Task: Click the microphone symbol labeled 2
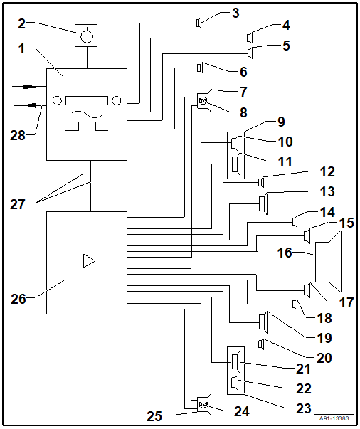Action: (x=86, y=36)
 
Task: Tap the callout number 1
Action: (x=21, y=49)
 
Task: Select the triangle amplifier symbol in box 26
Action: (x=89, y=260)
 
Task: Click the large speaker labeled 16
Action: (x=329, y=262)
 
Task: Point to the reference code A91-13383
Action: (x=334, y=418)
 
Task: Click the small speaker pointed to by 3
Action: (x=199, y=23)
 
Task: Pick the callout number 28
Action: (x=18, y=136)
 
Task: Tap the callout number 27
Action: (x=18, y=205)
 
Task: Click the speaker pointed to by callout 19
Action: (x=263, y=322)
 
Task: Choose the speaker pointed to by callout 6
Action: (x=200, y=68)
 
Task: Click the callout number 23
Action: (x=304, y=409)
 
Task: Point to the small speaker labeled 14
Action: (x=295, y=221)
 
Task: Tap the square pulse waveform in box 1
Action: (x=87, y=126)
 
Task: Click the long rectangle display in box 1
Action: (x=87, y=100)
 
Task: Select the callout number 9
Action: (x=281, y=122)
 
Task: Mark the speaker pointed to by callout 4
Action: (x=250, y=38)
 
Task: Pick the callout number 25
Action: (x=154, y=416)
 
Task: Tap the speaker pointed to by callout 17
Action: (x=307, y=290)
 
